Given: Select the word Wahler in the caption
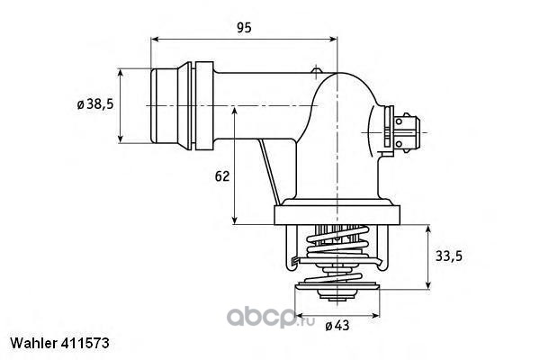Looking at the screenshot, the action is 31,345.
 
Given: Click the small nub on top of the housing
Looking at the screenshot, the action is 315,71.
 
